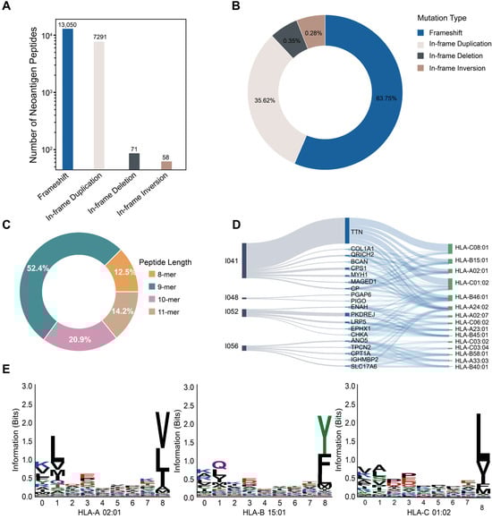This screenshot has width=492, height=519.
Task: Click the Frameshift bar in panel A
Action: [x=69, y=98]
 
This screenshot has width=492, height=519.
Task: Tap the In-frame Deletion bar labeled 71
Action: [x=134, y=160]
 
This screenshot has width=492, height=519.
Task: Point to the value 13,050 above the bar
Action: [x=69, y=23]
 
